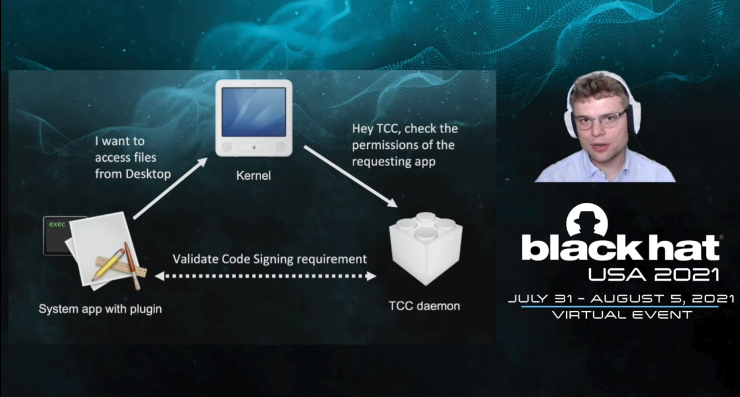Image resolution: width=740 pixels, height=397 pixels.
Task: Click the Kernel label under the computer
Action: click(253, 176)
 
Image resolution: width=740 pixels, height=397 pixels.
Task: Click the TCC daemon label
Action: click(425, 306)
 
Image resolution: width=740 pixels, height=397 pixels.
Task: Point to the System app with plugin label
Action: click(100, 309)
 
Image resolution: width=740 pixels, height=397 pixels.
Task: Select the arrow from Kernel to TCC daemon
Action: click(351, 176)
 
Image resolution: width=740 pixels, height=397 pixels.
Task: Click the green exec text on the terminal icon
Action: click(57, 224)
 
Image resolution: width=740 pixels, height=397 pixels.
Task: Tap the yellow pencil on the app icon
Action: click(109, 264)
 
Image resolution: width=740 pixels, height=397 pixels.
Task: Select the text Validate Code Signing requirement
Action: click(270, 259)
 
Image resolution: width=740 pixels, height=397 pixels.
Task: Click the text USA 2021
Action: click(654, 274)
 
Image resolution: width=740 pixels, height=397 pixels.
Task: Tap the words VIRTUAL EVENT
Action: click(622, 315)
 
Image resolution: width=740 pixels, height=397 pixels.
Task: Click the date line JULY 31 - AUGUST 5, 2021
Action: click(621, 299)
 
